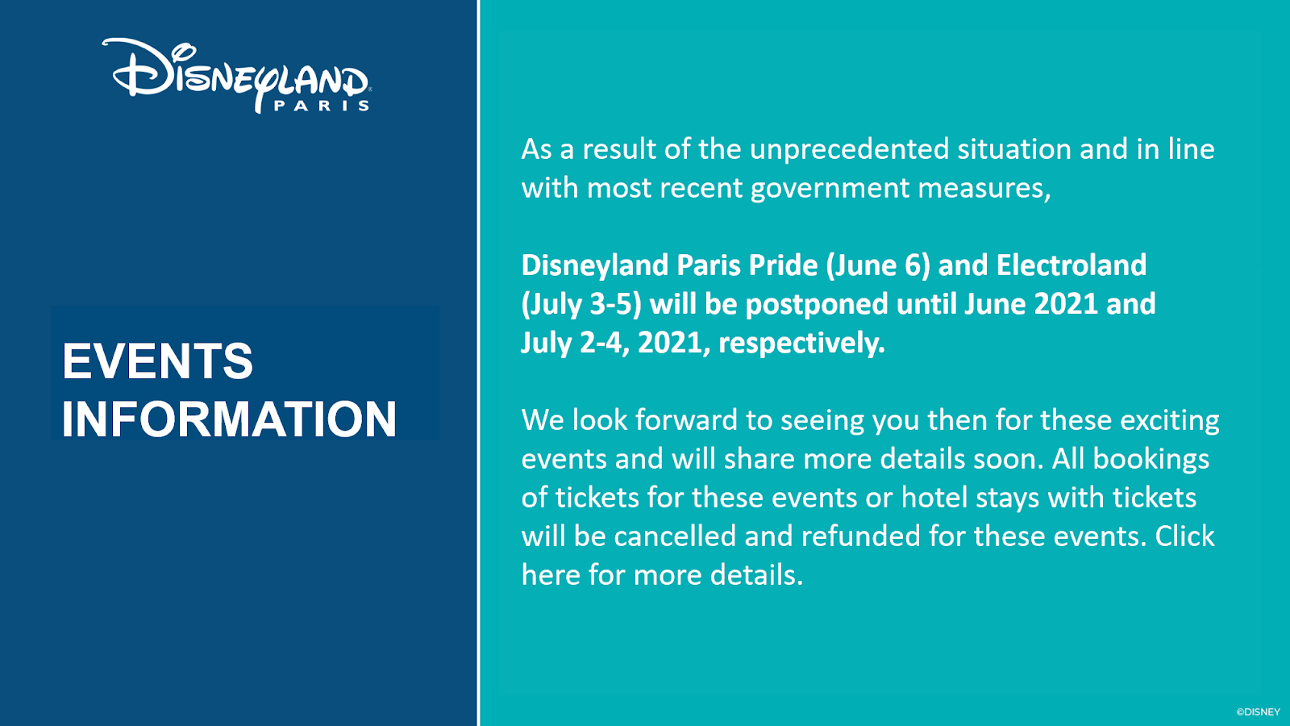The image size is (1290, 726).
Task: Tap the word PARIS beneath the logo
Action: pyautogui.click(x=322, y=106)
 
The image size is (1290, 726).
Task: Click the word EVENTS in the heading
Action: pyautogui.click(x=157, y=361)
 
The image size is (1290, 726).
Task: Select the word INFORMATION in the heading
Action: pyautogui.click(x=229, y=419)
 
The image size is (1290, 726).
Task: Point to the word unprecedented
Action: pyautogui.click(x=849, y=150)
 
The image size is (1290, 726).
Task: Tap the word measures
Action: pyautogui.click(x=984, y=189)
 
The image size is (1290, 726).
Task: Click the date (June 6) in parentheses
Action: pyautogui.click(x=878, y=266)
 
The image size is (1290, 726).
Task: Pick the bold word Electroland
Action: pyautogui.click(x=1072, y=265)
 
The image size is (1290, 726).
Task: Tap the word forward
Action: pyautogui.click(x=686, y=420)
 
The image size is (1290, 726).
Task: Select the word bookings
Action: pyautogui.click(x=1151, y=460)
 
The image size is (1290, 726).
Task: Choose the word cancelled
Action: pyautogui.click(x=675, y=536)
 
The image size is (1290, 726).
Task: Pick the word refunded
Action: pyautogui.click(x=861, y=536)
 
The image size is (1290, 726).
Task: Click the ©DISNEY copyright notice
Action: pyautogui.click(x=1259, y=712)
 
